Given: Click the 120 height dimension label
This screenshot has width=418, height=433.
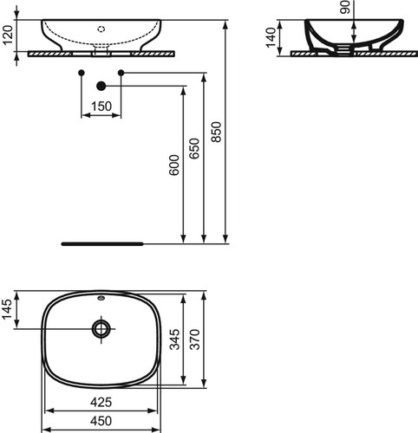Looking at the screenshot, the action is pos(9,35).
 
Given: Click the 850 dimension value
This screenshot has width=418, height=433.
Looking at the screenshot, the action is pos(216,132).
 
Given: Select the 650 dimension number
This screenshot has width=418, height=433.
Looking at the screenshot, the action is pos(194,148).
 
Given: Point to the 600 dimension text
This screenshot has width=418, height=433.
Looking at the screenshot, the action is pos(174,165).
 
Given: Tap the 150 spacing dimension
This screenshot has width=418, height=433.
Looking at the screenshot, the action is pos(101,107).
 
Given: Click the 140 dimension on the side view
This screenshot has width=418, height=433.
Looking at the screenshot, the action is pos(271,37).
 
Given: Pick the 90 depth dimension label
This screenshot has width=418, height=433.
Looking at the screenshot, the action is pos(345,7).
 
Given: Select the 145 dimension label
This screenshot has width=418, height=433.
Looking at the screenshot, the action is pos(8,309).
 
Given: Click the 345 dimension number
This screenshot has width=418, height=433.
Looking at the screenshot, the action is pos(174,339).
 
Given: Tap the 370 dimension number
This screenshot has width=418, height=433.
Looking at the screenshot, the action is pos(195,339).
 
